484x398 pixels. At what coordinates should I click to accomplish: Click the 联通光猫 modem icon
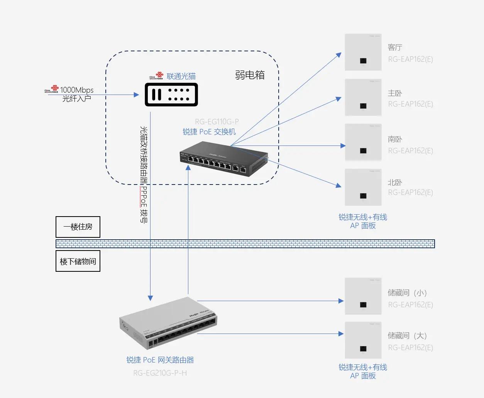point(171,95)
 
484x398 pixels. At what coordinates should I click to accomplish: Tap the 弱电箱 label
point(250,75)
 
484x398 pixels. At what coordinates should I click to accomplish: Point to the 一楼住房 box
point(78,227)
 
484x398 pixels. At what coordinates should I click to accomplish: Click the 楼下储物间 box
point(78,261)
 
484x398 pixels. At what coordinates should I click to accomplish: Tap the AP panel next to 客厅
point(363,52)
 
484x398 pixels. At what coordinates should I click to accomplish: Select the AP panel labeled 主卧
point(363,97)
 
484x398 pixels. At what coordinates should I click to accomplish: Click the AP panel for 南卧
point(363,142)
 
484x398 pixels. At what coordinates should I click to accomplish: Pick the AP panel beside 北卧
point(363,187)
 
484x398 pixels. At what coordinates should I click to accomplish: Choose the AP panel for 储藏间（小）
point(363,296)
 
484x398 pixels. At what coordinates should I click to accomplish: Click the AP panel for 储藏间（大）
point(363,340)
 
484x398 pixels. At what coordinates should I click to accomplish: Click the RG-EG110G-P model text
point(217,122)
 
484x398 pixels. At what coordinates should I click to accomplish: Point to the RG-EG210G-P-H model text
point(160,373)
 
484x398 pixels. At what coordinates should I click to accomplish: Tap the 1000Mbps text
point(77,90)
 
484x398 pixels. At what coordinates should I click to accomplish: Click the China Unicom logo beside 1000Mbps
point(52,90)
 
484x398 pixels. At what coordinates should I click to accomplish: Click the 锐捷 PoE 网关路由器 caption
point(160,360)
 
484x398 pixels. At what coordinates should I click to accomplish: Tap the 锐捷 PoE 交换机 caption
point(209,132)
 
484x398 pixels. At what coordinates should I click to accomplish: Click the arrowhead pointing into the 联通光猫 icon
point(136,95)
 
